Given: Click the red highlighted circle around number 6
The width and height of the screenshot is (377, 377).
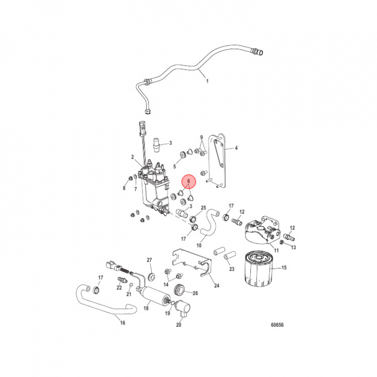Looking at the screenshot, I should pos(188,181).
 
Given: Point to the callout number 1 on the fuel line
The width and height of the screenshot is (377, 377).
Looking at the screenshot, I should pos(206,81).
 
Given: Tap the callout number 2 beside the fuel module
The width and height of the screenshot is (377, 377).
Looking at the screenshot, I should pos(132,157).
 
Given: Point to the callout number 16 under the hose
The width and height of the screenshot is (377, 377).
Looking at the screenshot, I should pos(123,323).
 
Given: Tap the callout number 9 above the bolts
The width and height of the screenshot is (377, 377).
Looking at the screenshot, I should pos(201,138).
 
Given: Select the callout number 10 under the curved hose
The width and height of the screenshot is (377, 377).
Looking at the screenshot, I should pos(199,245).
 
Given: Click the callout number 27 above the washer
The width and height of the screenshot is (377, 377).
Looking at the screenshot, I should pos(149,260).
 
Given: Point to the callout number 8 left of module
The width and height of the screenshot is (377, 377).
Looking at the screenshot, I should pos(125,187).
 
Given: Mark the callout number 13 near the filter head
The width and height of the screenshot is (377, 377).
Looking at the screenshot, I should pos(293,247).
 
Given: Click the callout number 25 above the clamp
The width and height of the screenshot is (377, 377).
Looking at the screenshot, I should pos(203,208).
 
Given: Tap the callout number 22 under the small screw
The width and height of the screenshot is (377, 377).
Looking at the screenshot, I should pos(119,287).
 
